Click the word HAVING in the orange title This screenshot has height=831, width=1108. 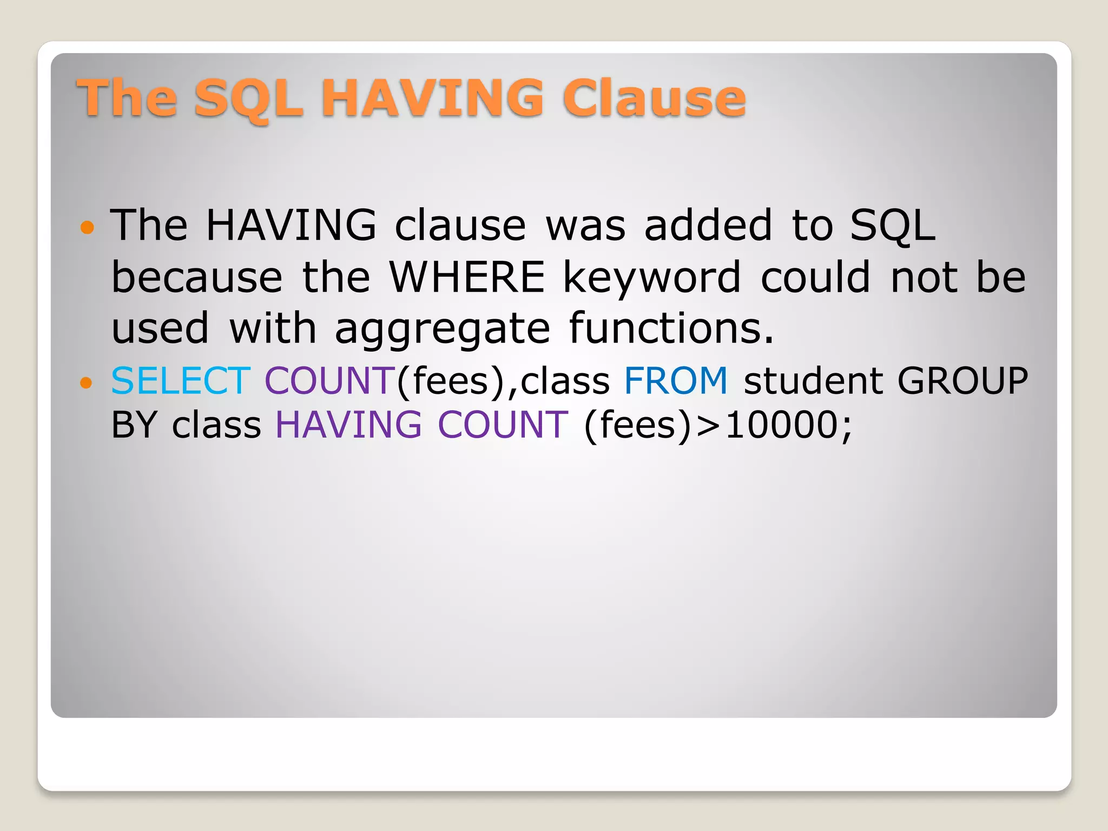pyautogui.click(x=432, y=98)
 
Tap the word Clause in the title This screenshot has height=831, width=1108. pyautogui.click(x=654, y=98)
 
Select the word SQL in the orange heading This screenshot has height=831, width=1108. pyautogui.click(x=248, y=99)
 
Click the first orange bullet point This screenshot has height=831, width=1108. pyautogui.click(x=87, y=227)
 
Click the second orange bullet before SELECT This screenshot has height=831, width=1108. pyautogui.click(x=87, y=382)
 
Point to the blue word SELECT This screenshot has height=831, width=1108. pyautogui.click(x=181, y=380)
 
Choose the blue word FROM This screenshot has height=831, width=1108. pyautogui.click(x=676, y=380)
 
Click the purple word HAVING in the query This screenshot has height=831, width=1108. pyautogui.click(x=348, y=425)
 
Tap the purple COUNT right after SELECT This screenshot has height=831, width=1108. pyautogui.click(x=330, y=380)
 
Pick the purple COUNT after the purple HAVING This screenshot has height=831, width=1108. pyautogui.click(x=503, y=425)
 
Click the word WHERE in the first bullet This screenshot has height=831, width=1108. pyautogui.click(x=467, y=277)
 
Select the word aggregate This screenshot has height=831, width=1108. pyautogui.click(x=442, y=329)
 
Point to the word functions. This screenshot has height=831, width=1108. pyautogui.click(x=671, y=328)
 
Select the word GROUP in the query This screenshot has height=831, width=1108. pyautogui.click(x=962, y=380)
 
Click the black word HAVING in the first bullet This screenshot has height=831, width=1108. pyautogui.click(x=291, y=225)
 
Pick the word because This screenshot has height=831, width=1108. pyautogui.click(x=197, y=277)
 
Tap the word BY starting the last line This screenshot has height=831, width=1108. pyautogui.click(x=134, y=425)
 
